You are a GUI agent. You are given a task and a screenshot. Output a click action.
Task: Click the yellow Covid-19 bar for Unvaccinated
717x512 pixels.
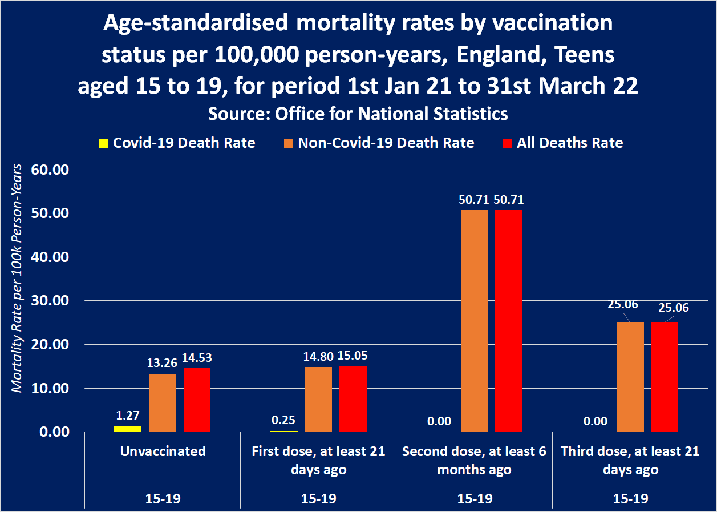click(128, 429)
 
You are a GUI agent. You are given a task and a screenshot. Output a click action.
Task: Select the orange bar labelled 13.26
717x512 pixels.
click(163, 402)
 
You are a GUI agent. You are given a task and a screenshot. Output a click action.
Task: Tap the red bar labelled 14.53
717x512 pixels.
click(197, 400)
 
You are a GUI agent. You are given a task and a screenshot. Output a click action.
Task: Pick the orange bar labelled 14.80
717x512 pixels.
click(318, 399)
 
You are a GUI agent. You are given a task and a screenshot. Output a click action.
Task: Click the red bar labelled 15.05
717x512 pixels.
click(353, 398)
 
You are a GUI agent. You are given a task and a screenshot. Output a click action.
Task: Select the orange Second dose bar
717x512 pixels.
click(474, 321)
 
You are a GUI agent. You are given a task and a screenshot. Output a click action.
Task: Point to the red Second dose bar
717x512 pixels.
click(509, 321)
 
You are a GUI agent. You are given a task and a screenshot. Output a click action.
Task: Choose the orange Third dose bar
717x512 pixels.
click(630, 377)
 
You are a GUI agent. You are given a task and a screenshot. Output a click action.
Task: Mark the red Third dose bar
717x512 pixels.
click(665, 377)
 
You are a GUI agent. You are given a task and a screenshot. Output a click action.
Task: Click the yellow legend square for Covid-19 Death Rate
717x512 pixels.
click(104, 143)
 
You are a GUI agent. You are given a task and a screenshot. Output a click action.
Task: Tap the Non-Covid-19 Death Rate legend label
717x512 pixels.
click(386, 143)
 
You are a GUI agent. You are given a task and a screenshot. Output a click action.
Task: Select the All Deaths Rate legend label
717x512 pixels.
click(570, 143)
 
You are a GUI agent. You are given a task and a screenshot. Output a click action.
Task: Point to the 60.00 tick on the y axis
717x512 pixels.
click(50, 170)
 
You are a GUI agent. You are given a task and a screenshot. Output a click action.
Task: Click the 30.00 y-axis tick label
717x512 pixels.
click(50, 301)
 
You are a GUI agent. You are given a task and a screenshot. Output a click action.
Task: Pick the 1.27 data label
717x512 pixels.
click(128, 416)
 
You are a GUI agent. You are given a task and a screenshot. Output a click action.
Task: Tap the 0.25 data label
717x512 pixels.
click(283, 420)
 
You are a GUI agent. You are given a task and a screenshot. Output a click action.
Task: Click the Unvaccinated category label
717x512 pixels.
click(163, 451)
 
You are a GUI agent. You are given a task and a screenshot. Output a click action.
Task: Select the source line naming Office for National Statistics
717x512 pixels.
click(358, 114)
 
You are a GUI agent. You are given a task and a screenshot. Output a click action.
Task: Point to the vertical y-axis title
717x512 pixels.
click(17, 278)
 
